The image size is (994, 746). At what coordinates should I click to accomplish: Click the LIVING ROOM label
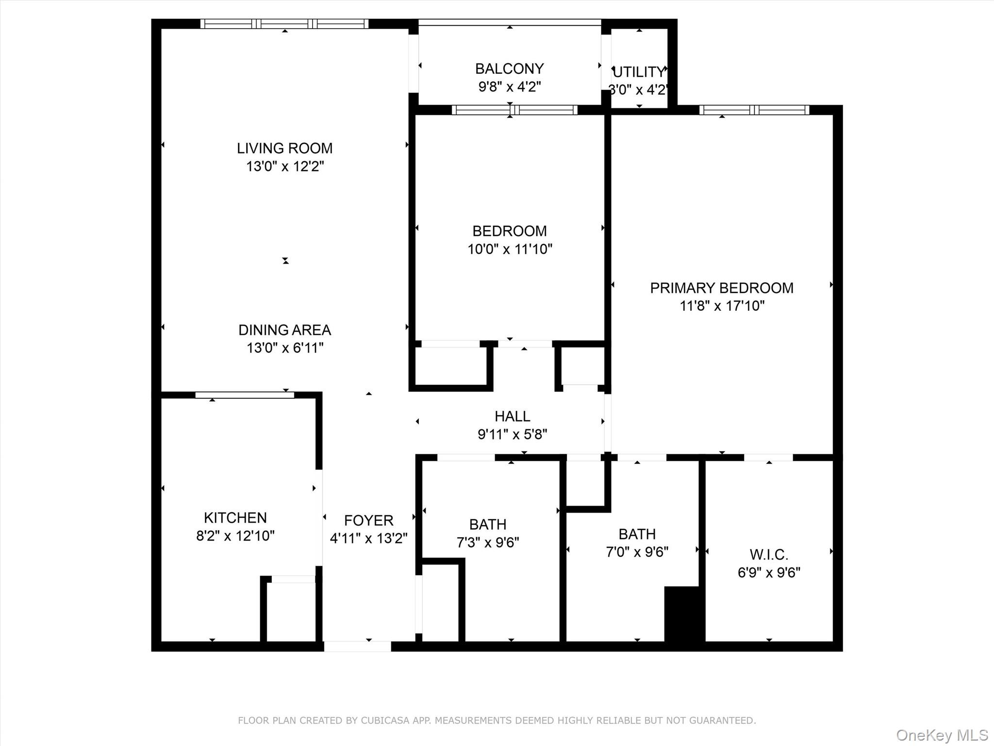tap(284, 148)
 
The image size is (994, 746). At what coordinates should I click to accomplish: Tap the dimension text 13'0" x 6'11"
tap(285, 348)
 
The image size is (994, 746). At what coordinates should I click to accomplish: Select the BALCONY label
tap(509, 68)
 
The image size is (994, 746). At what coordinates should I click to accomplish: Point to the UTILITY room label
tap(639, 72)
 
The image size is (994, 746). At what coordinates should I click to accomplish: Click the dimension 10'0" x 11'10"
tap(510, 249)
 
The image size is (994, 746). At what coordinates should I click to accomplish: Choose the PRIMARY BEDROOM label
tap(722, 288)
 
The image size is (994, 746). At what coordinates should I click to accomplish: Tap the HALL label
tap(512, 416)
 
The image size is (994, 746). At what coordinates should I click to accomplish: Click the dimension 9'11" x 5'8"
tap(512, 434)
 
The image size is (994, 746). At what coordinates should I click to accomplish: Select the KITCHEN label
tap(235, 518)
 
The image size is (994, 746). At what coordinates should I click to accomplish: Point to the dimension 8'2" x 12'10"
tap(235, 536)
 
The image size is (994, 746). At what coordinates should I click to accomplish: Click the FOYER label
tap(368, 521)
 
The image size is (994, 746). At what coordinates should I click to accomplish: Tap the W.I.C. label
tap(769, 555)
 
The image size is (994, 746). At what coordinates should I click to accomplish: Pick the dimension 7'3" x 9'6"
tap(488, 542)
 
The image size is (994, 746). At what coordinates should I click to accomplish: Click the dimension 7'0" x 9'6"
tap(637, 552)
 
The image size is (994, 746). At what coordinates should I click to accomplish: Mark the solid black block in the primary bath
tap(684, 614)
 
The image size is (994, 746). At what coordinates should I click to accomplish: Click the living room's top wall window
tap(284, 24)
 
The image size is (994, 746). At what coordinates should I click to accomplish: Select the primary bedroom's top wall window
tap(754, 110)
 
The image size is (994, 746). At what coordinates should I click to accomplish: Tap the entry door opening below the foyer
tap(357, 646)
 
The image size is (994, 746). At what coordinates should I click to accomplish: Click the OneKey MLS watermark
tap(941, 734)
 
